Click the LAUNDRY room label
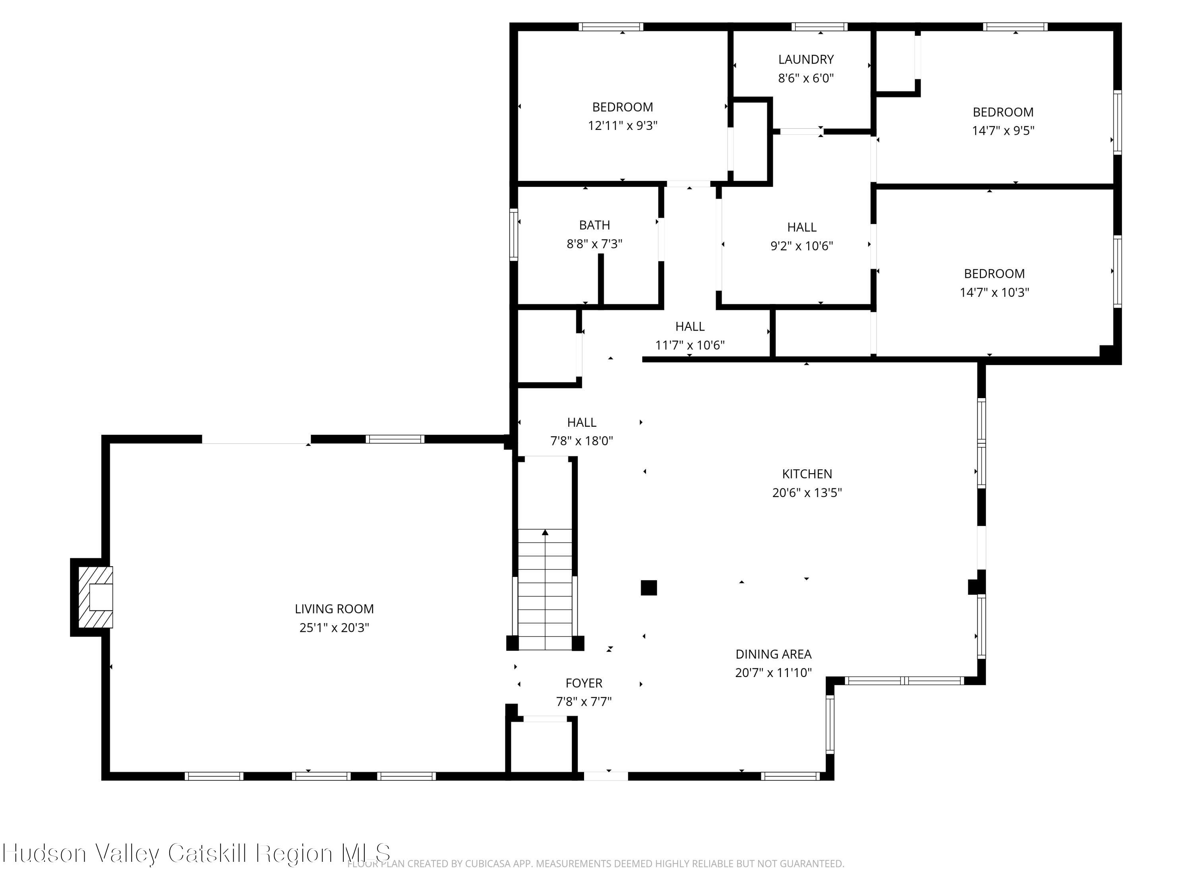point(806,59)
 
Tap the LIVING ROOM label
point(334,609)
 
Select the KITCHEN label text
point(807,474)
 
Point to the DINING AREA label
point(773,654)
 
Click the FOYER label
point(584,683)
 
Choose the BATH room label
point(594,225)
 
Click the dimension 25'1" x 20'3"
point(334,627)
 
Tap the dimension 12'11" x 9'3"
point(622,126)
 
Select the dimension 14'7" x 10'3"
point(994,292)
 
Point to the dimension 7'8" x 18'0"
point(581,441)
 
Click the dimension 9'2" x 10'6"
point(801,246)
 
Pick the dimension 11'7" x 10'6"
point(690,345)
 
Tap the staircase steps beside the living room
point(545,590)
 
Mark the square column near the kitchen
point(649,587)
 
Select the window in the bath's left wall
point(513,234)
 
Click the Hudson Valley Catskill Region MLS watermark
point(196,853)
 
